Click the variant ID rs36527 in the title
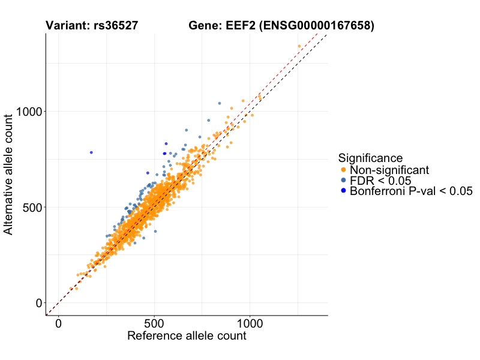[116, 26]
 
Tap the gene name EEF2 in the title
[241, 26]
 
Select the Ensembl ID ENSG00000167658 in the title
[318, 26]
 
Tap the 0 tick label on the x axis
[58, 323]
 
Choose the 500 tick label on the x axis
[154, 323]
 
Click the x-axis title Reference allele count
[187, 336]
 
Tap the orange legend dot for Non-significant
[343, 170]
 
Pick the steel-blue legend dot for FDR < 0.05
[343, 181]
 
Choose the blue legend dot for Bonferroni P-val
[343, 191]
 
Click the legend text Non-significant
[389, 170]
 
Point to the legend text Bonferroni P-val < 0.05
[411, 191]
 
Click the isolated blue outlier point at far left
[91, 152]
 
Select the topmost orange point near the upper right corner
[299, 46]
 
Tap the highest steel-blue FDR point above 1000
[219, 103]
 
